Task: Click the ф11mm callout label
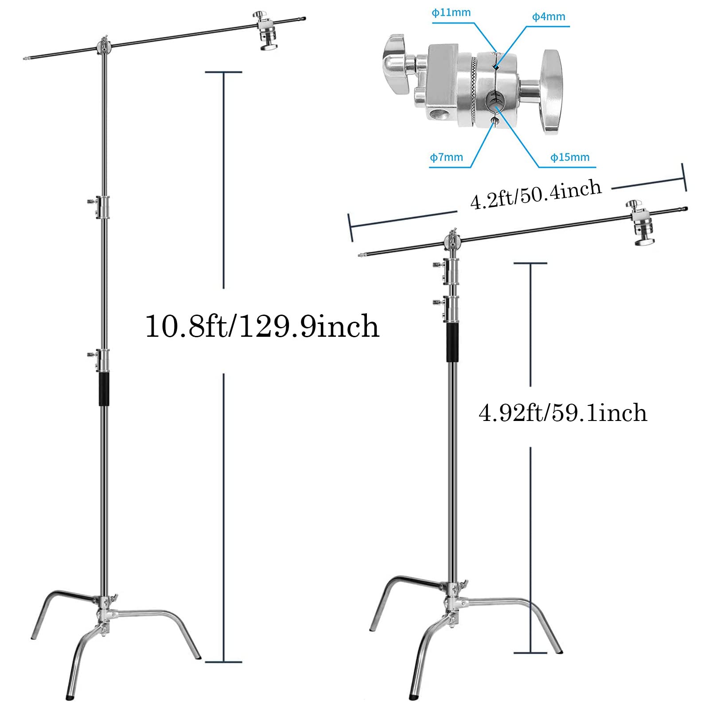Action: (x=451, y=13)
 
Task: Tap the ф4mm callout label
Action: (x=549, y=17)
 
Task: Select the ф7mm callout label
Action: (x=446, y=157)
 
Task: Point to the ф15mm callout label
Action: (x=570, y=157)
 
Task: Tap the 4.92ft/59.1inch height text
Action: (x=563, y=413)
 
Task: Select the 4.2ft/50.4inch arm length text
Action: (x=536, y=195)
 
